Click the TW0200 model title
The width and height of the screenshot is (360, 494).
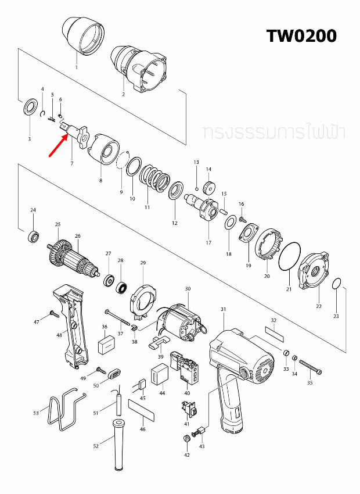[301, 36]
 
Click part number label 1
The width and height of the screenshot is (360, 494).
[75, 67]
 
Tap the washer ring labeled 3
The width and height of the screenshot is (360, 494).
[29, 109]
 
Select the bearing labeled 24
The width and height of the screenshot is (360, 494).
[33, 236]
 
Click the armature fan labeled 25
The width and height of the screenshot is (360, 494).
[57, 249]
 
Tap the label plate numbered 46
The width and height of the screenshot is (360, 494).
[142, 410]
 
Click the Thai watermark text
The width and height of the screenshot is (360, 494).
[273, 133]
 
